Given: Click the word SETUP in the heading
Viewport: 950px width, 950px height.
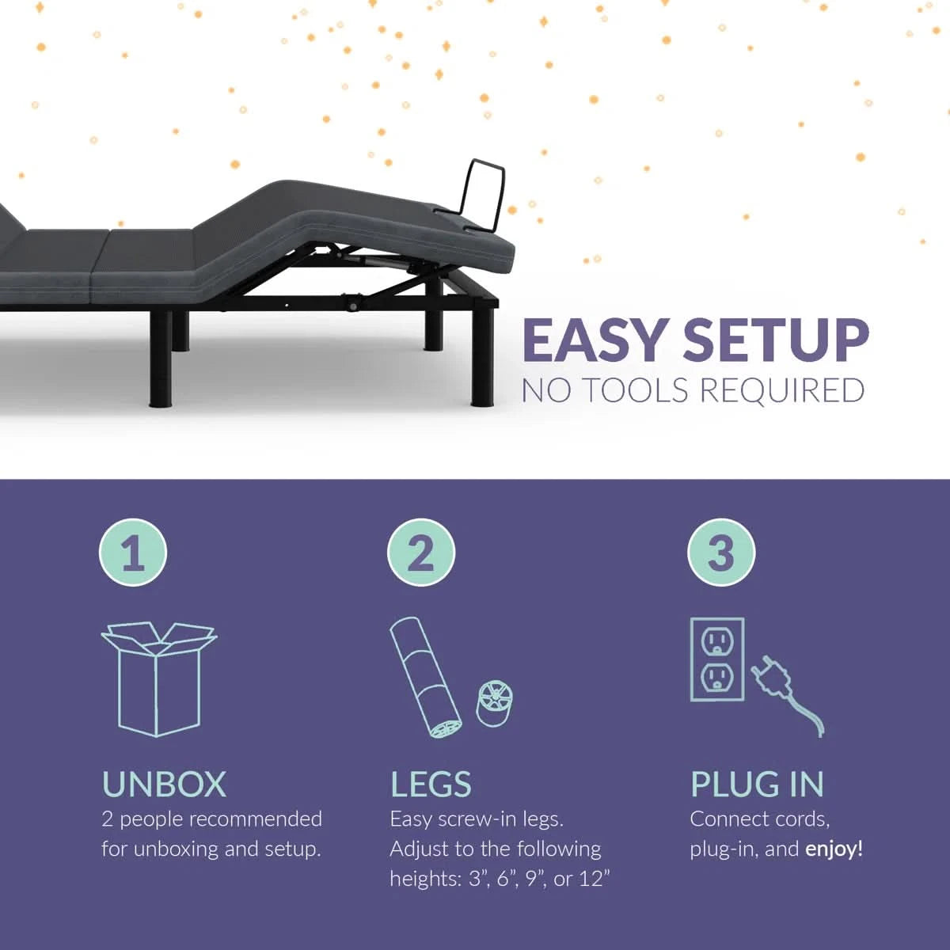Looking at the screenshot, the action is [776, 340].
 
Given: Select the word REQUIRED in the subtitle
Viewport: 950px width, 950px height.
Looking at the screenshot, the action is [782, 391].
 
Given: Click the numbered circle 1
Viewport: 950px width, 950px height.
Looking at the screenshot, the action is [133, 553].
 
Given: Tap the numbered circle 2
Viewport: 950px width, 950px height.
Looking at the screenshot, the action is [421, 553].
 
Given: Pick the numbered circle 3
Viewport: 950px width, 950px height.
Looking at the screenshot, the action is [721, 553].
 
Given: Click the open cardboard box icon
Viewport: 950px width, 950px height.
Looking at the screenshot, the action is [159, 678].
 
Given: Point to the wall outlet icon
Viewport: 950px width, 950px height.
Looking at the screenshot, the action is [717, 659].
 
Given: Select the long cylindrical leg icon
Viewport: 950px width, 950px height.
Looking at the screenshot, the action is [425, 678].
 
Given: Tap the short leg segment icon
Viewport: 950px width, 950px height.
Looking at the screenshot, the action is [494, 704].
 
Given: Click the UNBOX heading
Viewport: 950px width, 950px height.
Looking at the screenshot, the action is [164, 785].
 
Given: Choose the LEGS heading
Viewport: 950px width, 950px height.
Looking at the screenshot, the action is [431, 785].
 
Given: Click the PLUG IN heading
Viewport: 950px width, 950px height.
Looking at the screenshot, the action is [757, 785].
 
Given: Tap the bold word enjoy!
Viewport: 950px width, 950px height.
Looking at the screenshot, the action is [834, 849].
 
